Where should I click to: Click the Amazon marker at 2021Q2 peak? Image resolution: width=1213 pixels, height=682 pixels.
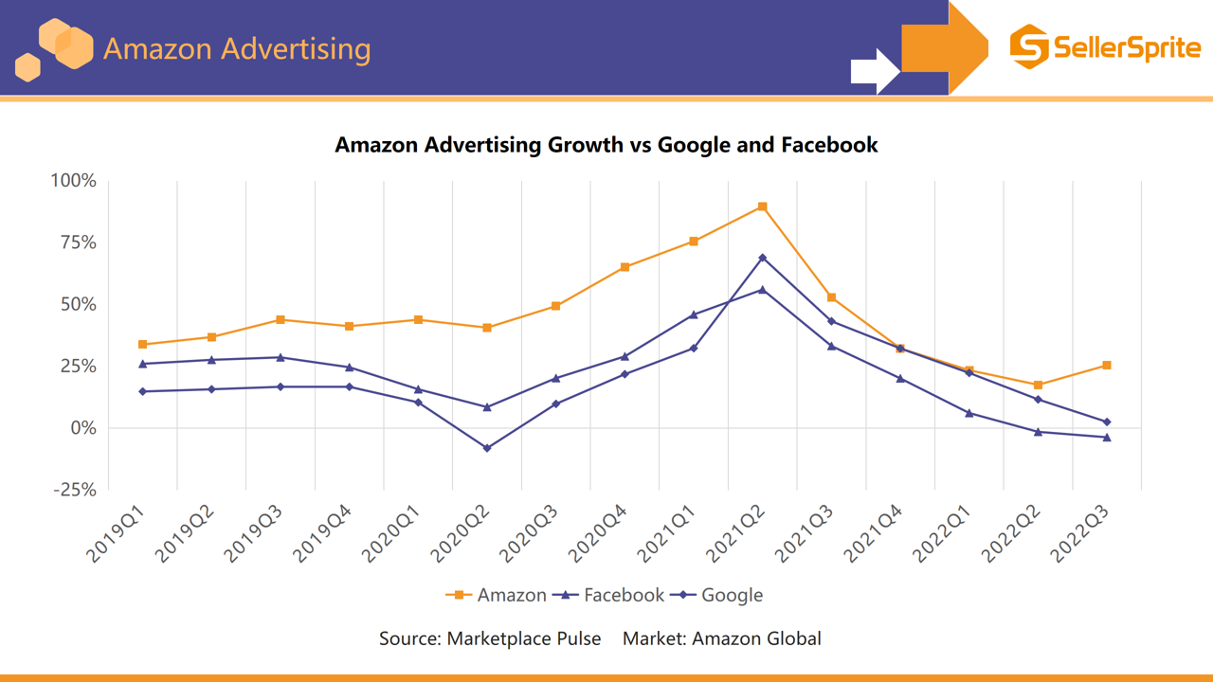[763, 206]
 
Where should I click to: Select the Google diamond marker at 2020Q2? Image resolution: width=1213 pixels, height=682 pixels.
[487, 448]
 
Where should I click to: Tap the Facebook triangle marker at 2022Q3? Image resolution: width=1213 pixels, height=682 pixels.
[1107, 438]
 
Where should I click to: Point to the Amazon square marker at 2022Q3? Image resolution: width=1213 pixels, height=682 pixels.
[1107, 366]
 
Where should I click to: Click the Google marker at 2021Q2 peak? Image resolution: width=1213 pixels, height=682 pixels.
[763, 258]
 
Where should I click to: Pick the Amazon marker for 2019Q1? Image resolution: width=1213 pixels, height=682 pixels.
[143, 345]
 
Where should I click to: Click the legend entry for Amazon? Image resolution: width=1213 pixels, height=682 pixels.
[496, 595]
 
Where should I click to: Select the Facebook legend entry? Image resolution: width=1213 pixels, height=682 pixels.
[611, 595]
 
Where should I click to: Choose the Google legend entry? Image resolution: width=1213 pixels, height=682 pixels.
[717, 595]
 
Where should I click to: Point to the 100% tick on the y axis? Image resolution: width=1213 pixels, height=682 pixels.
[74, 180]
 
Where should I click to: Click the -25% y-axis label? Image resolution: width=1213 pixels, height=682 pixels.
[74, 490]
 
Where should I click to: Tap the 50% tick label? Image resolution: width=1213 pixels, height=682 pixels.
[79, 304]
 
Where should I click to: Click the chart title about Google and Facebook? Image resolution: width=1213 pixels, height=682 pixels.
[606, 145]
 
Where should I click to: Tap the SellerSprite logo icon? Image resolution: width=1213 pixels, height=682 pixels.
[1029, 46]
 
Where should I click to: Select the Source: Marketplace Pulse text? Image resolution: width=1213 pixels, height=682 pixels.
[490, 638]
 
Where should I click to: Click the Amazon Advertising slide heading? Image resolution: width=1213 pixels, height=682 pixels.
[237, 48]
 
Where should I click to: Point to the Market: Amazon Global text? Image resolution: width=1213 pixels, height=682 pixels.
[722, 638]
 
